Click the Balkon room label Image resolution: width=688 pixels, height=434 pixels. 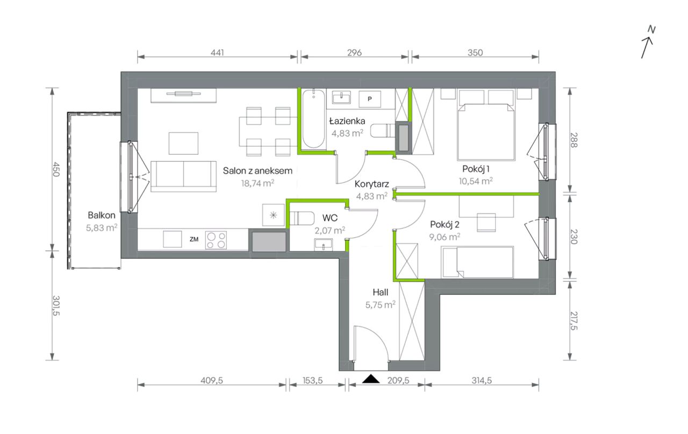coord(102,215)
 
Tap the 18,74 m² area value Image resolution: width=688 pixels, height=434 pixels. coord(257,183)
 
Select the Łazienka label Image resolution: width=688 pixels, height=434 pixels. coord(347,121)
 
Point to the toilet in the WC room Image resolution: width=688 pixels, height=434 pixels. coord(302,218)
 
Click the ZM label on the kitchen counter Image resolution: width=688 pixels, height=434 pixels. coord(194,239)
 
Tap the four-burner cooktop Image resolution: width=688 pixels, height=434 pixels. coord(216,240)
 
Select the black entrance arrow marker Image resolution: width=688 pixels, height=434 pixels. coord(371,379)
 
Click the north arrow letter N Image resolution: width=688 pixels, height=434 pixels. coord(651,30)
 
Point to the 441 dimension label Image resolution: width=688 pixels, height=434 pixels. coord(217,53)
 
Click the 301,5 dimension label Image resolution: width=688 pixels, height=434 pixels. coord(56,305)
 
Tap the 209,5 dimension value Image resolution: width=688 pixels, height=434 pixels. coord(398,381)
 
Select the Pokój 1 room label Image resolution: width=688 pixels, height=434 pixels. coord(476,169)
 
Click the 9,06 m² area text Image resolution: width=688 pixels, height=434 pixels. coord(445,237)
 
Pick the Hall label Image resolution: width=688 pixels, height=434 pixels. coord(380,292)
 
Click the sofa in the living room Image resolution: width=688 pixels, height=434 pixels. coord(183,176)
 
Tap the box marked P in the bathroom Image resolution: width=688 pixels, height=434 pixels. coord(370,98)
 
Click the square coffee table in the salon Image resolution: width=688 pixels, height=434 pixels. coord(183,143)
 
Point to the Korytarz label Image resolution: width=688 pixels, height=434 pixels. coord(371,184)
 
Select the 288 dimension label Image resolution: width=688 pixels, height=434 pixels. coord(574,140)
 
